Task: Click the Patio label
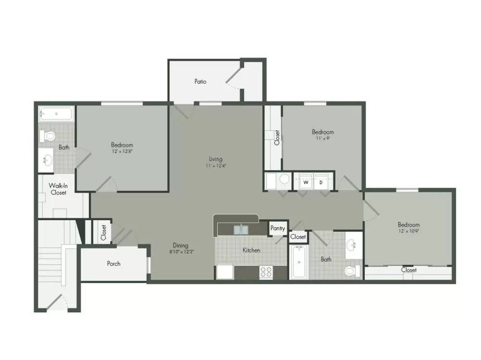pos(200,81)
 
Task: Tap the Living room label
pos(216,159)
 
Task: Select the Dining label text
pos(180,245)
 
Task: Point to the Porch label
pos(113,263)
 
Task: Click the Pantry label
pos(278,228)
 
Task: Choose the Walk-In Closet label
pos(58,189)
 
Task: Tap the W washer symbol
pos(306,182)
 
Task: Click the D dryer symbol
pos(321,182)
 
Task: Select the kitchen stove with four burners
pos(266,272)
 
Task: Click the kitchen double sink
pos(241,229)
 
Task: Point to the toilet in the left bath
pos(47,136)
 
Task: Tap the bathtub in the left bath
pos(56,114)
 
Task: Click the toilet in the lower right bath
pos(353,271)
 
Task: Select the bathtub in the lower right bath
pos(299,262)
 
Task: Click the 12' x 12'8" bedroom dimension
pos(122,151)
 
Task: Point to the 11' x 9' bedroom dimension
pos(323,138)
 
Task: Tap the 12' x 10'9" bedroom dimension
pos(408,231)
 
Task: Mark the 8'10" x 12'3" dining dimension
pos(182,252)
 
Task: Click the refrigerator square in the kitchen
pos(225,272)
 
